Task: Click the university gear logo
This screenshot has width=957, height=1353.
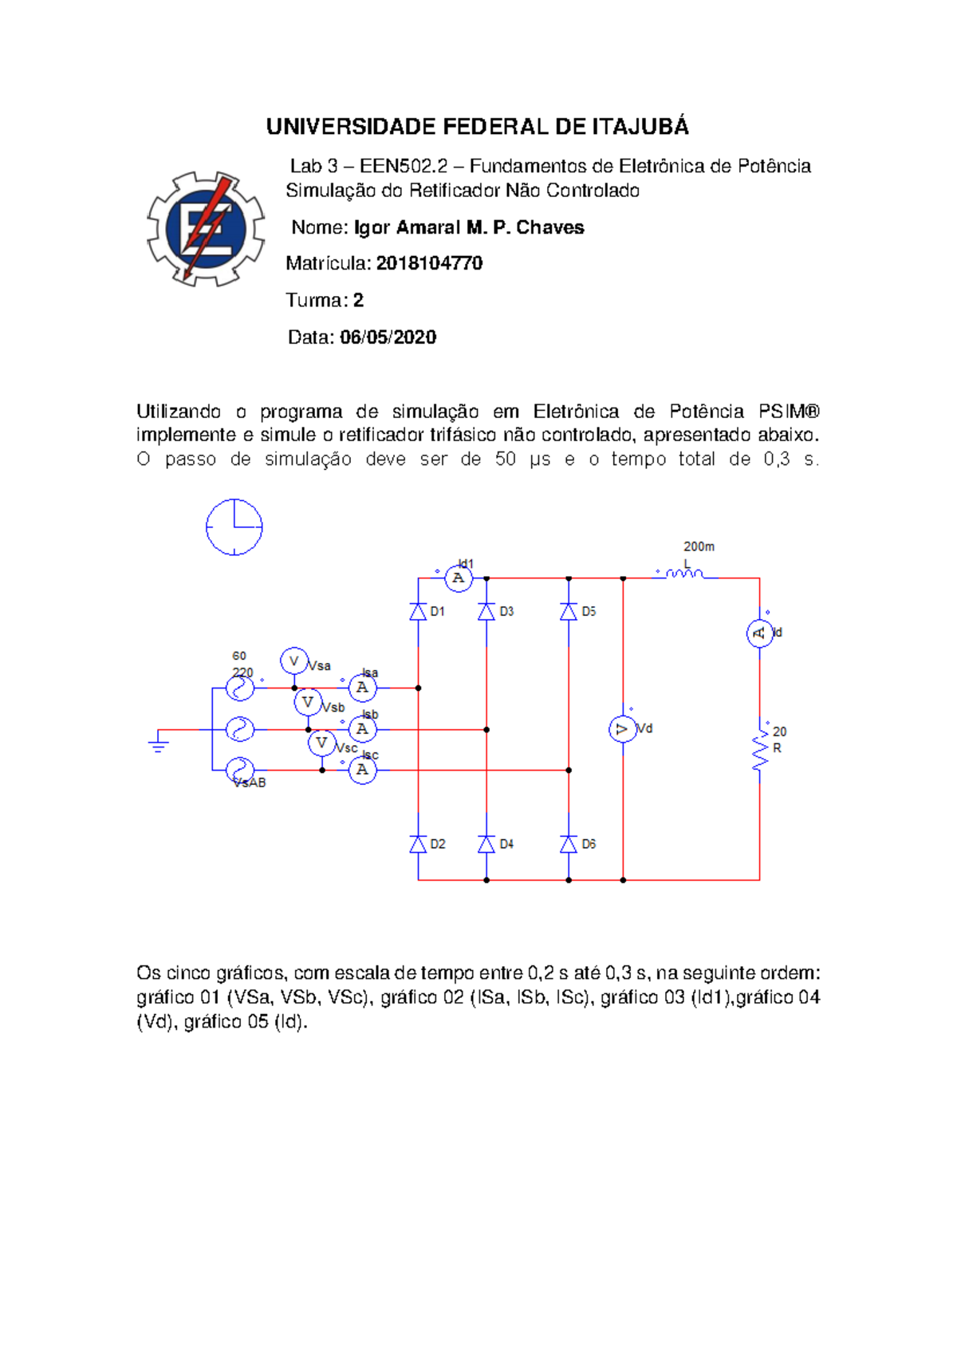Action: tap(206, 229)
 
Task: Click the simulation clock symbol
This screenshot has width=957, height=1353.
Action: tap(234, 527)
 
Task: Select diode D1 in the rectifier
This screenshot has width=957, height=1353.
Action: tap(418, 612)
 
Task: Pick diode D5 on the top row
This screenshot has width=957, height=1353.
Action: tap(569, 612)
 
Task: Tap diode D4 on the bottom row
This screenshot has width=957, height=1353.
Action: tap(486, 844)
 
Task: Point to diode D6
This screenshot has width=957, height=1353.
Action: tap(569, 844)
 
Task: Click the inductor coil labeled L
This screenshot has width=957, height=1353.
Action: tap(684, 574)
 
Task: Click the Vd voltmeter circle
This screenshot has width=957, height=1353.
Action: tap(623, 729)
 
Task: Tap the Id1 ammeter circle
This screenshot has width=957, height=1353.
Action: tap(459, 578)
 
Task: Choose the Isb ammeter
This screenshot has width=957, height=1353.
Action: tap(363, 729)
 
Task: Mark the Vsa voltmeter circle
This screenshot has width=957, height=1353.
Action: tap(294, 661)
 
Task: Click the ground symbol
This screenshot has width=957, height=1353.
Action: tap(159, 746)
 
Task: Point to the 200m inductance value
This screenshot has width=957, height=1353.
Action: tap(699, 546)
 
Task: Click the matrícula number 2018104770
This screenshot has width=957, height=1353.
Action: tap(429, 263)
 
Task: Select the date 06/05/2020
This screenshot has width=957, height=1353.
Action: tap(388, 337)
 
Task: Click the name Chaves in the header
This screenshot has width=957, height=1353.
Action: tap(549, 228)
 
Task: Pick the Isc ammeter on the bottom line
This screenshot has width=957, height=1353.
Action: tap(363, 770)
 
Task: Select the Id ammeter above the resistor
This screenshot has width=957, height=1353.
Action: tap(759, 633)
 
